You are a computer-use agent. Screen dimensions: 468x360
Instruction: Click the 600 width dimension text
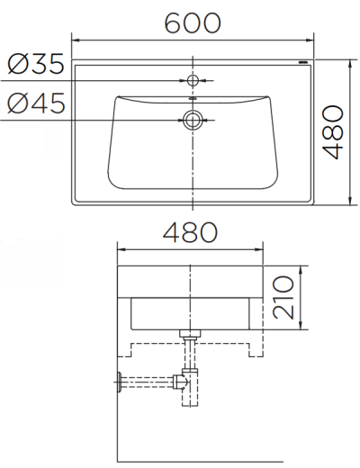[193, 22]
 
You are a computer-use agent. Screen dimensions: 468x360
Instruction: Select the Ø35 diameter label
[36, 66]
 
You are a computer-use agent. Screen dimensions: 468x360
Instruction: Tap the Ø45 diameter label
[36, 104]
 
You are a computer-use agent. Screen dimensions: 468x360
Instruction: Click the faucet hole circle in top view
[192, 81]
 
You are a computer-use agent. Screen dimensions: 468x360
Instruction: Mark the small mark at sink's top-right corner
[303, 64]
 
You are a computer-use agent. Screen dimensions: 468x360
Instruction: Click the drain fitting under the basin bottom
[190, 338]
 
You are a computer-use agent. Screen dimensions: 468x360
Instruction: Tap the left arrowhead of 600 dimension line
[76, 41]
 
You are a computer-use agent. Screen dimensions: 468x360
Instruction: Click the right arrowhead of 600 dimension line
[310, 41]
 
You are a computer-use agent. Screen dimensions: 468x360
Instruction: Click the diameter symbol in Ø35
[17, 66]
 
